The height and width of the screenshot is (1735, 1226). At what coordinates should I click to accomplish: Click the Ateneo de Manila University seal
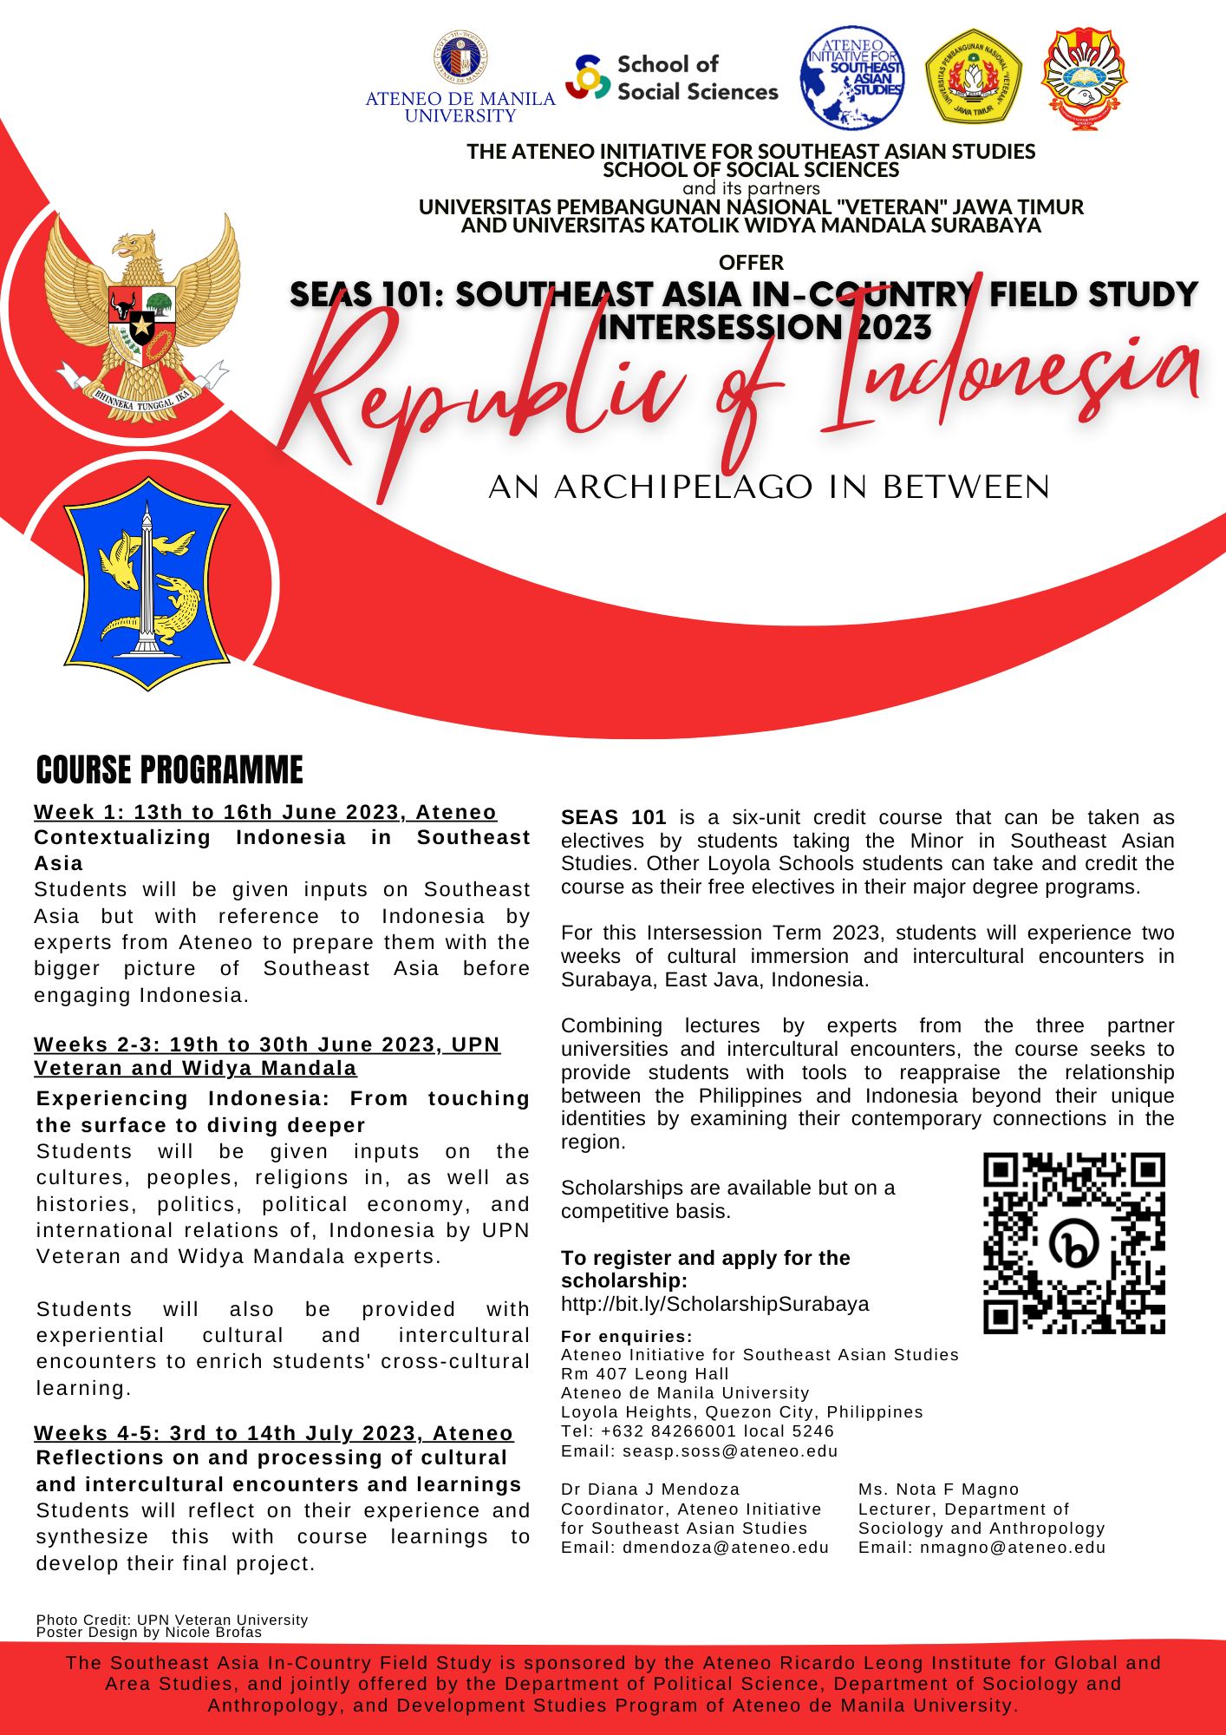coord(460,60)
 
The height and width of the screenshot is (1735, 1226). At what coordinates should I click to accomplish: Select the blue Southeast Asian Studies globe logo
coord(852,78)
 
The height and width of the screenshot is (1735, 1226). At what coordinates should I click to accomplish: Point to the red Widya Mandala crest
coord(1085,78)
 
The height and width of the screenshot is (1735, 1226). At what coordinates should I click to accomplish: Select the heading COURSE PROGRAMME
coord(170,770)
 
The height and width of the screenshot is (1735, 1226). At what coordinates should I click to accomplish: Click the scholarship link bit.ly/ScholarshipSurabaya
coord(714,1304)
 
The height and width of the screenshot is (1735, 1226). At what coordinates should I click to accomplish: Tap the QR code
coord(1074,1243)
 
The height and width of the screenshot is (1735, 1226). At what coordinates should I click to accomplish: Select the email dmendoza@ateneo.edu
coord(725,1548)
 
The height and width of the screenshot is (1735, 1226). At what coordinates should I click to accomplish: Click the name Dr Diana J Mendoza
coord(650,1489)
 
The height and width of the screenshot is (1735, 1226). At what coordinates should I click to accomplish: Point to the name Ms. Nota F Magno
coord(938,1489)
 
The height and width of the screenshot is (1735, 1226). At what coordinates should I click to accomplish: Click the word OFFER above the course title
coord(751,263)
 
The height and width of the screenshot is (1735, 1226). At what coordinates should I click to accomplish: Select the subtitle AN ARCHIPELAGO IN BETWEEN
coord(769,488)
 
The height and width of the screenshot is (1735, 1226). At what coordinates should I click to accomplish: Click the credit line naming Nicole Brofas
coord(149,1633)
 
